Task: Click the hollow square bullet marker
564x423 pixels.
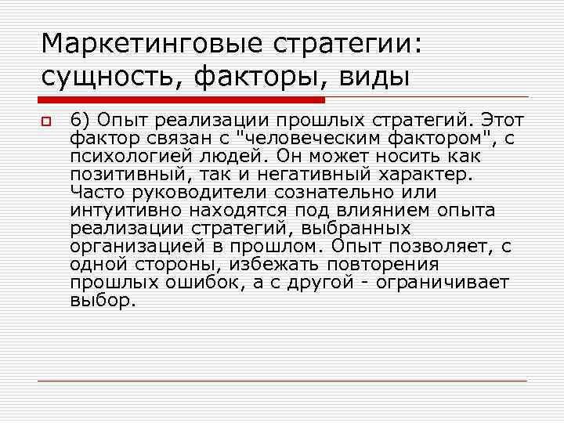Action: (x=46, y=121)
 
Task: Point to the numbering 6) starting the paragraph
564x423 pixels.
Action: (x=80, y=121)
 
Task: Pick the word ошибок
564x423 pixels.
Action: (x=196, y=283)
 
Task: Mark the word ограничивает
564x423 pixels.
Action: (x=443, y=283)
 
